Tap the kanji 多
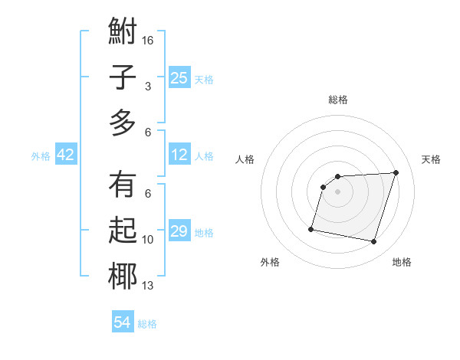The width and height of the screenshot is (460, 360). [123, 122]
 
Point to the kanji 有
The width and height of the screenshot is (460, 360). [123, 186]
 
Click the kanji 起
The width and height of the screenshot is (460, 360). [123, 231]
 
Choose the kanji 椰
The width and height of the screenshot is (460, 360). [123, 276]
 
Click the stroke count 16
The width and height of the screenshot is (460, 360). [149, 40]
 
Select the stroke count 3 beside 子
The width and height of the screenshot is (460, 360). [147, 87]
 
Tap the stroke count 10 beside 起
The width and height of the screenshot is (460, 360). [148, 240]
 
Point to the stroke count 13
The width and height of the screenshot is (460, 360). [148, 286]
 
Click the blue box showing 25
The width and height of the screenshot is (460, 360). [179, 77]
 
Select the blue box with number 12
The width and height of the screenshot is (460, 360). [179, 155]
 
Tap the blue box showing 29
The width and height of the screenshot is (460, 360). [179, 231]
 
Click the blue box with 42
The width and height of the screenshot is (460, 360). [66, 155]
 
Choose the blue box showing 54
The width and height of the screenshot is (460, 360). [123, 322]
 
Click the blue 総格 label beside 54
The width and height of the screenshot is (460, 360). [147, 324]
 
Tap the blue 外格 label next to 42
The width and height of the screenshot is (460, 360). [41, 156]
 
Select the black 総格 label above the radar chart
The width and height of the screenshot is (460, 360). [337, 100]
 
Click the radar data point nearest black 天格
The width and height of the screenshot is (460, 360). [396, 172]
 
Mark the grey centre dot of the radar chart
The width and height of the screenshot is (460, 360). [337, 191]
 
